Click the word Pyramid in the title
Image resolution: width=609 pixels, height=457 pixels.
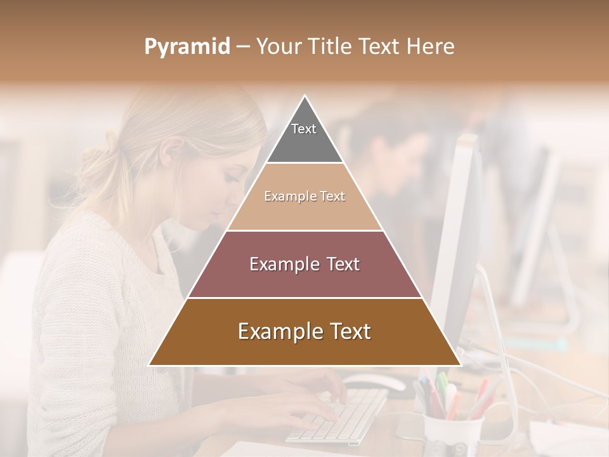[187, 47]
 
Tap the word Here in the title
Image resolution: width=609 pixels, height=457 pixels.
[431, 46]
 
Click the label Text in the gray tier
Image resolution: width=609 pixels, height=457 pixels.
[304, 129]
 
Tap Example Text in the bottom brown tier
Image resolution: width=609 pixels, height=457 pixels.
[304, 331]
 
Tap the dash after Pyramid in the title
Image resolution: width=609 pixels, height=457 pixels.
[243, 47]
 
